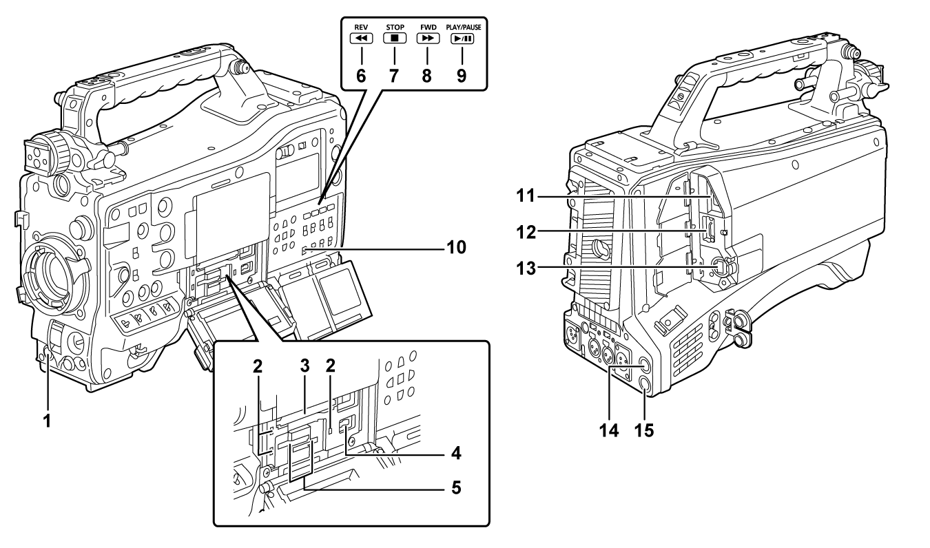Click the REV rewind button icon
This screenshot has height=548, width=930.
click(362, 39)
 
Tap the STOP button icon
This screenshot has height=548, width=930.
click(395, 39)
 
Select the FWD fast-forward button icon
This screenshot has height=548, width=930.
click(427, 39)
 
